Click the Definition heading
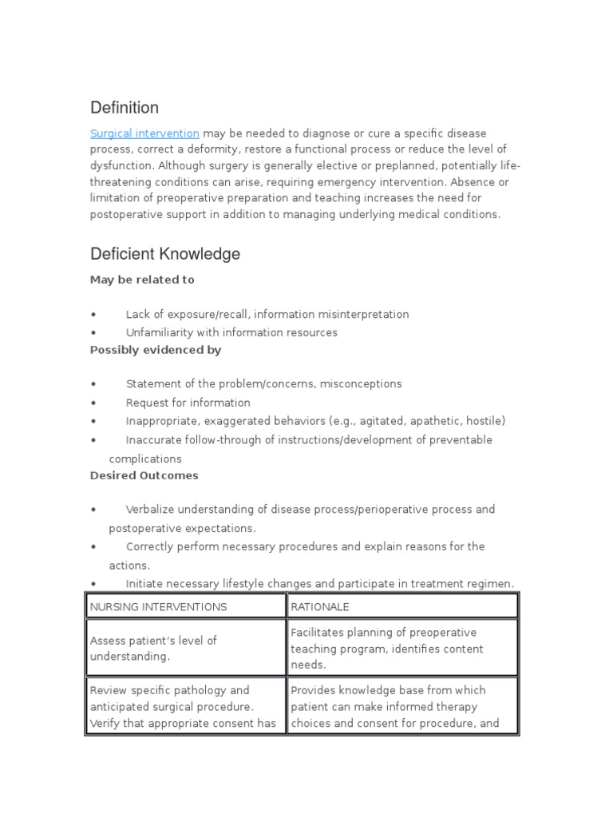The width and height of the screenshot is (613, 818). pos(124,108)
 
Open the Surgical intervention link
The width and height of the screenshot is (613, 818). pos(144,133)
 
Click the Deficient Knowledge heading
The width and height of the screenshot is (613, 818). pos(164,254)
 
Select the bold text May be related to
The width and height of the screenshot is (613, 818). pos(142,280)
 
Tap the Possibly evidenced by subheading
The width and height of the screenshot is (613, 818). pos(156,350)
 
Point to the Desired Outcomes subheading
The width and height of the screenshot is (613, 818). pos(144,475)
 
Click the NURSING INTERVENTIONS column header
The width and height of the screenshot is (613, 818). pos(158,606)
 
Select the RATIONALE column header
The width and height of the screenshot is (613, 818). pos(320,606)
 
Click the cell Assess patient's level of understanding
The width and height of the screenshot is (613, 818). pos(153,648)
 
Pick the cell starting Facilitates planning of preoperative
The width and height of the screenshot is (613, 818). pos(387,648)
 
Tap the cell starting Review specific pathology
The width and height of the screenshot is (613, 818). pos(184,706)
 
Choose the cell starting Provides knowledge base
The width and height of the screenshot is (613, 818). pos(395,706)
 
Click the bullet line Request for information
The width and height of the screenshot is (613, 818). pos(188,403)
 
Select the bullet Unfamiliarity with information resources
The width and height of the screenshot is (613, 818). pos(231,332)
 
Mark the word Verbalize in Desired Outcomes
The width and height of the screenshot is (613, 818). pos(151,510)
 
